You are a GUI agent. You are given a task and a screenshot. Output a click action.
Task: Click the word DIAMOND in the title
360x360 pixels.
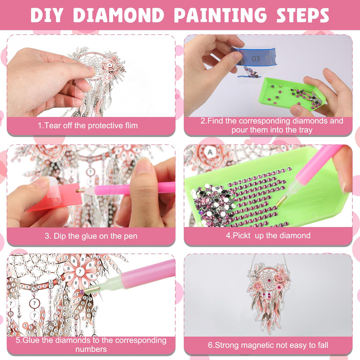pyautogui.click(x=119, y=15)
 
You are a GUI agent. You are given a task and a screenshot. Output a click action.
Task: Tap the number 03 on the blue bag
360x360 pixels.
pyautogui.click(x=256, y=59)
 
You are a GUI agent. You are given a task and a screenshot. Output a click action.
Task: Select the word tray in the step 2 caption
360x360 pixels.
pyautogui.click(x=305, y=130)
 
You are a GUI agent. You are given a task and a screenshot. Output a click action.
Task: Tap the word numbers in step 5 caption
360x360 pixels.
pyautogui.click(x=91, y=349)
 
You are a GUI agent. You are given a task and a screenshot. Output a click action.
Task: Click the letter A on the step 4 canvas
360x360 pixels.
pyautogui.click(x=210, y=152)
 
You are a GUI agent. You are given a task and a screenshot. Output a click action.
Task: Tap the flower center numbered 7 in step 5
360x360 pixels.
pyautogui.click(x=80, y=271)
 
